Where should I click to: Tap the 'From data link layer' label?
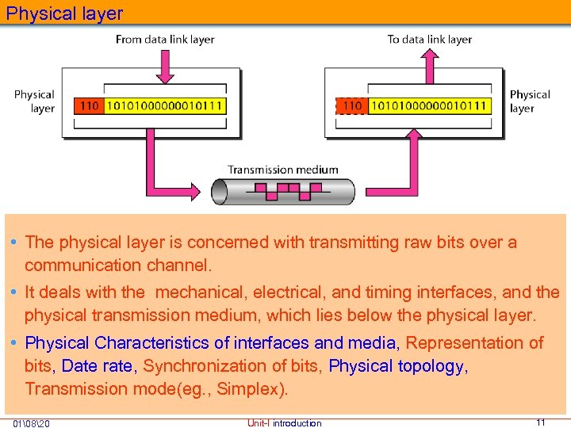[x=165, y=39]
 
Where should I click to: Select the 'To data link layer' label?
[x=429, y=39]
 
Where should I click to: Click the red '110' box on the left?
[x=89, y=105]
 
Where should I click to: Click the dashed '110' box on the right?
[x=351, y=105]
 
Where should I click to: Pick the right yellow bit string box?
[x=429, y=105]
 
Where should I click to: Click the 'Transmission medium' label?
[x=283, y=169]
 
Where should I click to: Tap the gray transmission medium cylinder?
[x=283, y=192]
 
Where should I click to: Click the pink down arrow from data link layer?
[x=165, y=67]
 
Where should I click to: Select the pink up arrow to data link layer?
[x=429, y=67]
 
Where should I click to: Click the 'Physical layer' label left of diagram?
[x=34, y=101]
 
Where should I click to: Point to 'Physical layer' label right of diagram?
[x=529, y=101]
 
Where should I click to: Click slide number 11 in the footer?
[x=540, y=422]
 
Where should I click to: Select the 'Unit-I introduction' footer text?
[x=284, y=423]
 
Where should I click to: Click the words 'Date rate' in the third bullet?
[x=98, y=366]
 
